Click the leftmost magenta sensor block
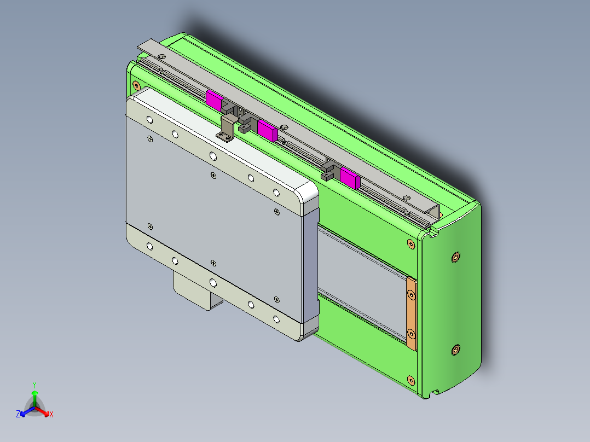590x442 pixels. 213,99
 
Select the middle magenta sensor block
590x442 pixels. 267,130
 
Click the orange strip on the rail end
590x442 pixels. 411,313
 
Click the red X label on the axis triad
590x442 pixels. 51,415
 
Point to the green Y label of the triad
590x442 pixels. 34,385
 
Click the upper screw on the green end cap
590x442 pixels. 456,257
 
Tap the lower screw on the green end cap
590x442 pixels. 456,350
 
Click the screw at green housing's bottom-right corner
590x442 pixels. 411,380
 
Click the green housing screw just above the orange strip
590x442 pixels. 411,243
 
